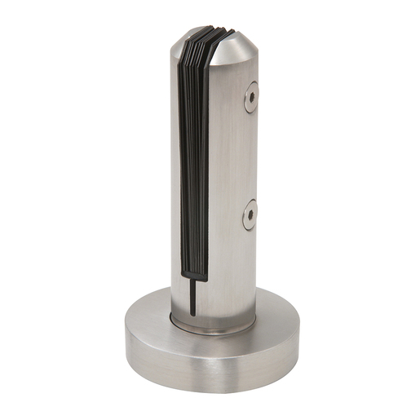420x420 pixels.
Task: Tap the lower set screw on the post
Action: [x=250, y=214]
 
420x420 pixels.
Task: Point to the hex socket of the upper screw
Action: [x=251, y=96]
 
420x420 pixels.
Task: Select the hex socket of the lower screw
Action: [x=250, y=215]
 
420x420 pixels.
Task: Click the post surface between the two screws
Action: [x=245, y=155]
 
